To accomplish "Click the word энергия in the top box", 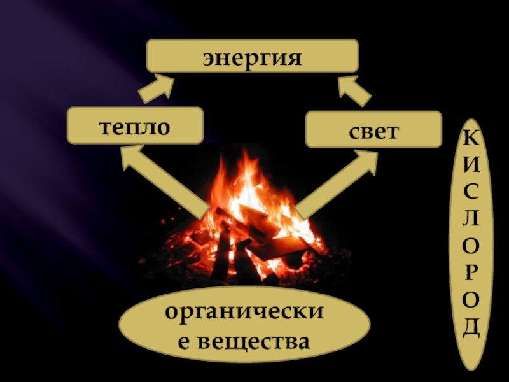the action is (251, 57).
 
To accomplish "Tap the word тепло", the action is (134, 125).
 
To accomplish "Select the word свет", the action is (373, 131).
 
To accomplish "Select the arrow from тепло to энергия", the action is (156, 88).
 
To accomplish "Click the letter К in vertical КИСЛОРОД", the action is (471, 136).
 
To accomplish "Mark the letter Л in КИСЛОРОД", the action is (471, 218).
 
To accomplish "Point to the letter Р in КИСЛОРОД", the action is (471, 272).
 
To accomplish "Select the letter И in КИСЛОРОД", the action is (471, 164).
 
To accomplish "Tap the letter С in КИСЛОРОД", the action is (471, 191).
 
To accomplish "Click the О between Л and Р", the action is (471, 245).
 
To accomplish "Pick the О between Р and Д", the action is (471, 300).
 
